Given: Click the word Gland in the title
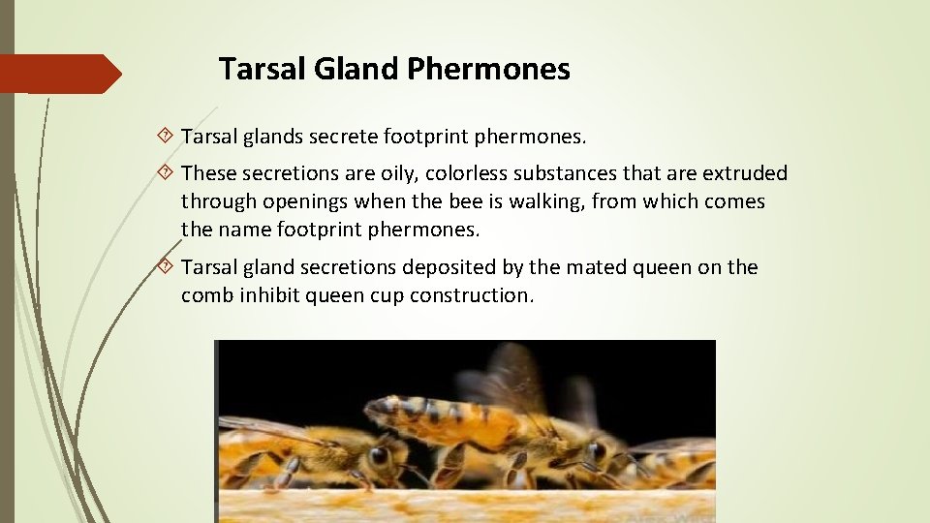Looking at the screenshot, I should (x=346, y=70).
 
